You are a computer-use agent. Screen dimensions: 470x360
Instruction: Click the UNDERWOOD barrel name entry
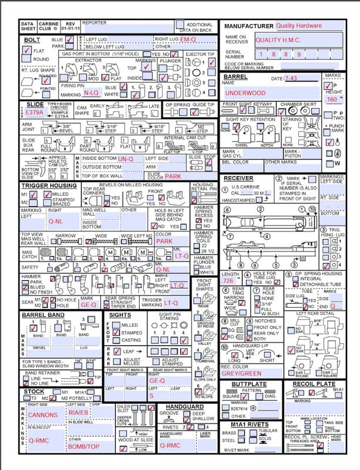[245, 93]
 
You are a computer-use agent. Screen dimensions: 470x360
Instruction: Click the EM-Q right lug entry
[188, 39]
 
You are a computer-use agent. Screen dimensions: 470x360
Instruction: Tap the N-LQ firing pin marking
[91, 93]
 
